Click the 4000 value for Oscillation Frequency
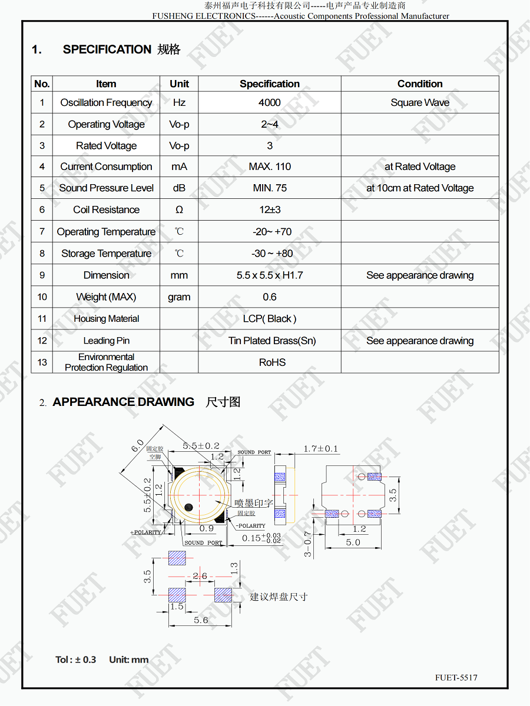pos(269,102)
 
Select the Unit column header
pos(179,84)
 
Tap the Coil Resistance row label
pos(106,209)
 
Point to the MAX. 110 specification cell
pos(269,166)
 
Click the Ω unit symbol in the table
pos(179,209)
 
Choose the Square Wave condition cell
pos(419,102)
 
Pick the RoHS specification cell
pos(272,362)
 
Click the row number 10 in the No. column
pos(42,297)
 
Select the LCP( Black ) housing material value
pos(269,319)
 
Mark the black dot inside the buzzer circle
pos(188,507)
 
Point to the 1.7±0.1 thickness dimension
pos(320,449)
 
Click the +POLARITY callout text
pos(145,532)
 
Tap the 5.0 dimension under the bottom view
pos(353,542)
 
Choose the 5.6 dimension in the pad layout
pos(201,620)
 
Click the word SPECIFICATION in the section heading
pos(107,49)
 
